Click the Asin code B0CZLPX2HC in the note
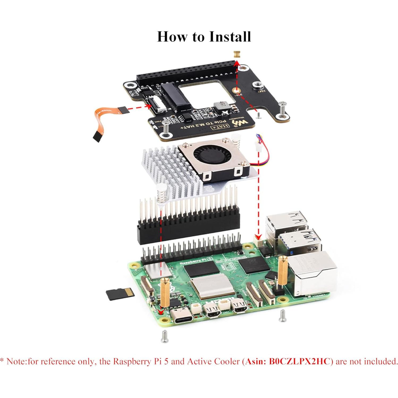[300, 361]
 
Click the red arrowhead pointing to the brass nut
[236, 63]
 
